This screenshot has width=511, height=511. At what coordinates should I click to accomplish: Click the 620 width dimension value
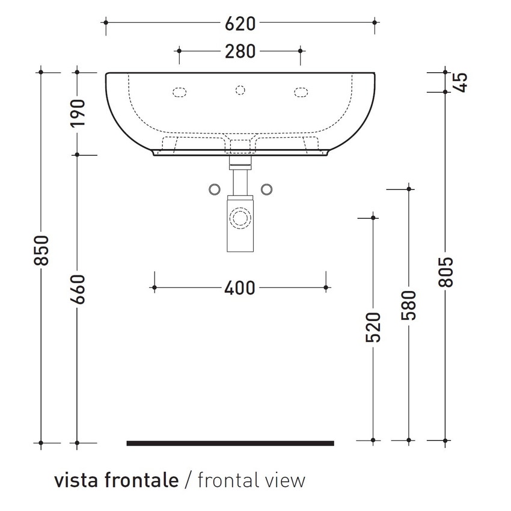point(240,23)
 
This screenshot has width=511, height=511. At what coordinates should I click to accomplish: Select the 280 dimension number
point(240,52)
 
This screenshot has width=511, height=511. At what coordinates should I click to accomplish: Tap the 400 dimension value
point(240,289)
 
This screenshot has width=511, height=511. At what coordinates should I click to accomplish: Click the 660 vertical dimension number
point(78,290)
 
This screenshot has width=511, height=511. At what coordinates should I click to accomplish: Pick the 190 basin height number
point(78,112)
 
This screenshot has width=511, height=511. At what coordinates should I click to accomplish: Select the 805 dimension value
point(445,272)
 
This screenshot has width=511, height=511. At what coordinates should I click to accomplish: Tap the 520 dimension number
point(373,327)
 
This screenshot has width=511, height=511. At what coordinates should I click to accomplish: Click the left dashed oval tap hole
point(180,92)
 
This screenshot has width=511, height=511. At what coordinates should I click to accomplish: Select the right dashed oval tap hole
point(300,92)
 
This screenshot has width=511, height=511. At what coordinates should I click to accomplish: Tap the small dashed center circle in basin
point(240,90)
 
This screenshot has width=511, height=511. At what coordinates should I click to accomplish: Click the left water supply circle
point(214,189)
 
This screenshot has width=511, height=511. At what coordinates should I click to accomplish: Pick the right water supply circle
point(267,189)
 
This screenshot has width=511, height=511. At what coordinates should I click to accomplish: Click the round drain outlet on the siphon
point(240,218)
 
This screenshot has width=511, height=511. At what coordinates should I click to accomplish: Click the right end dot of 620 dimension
point(375,22)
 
